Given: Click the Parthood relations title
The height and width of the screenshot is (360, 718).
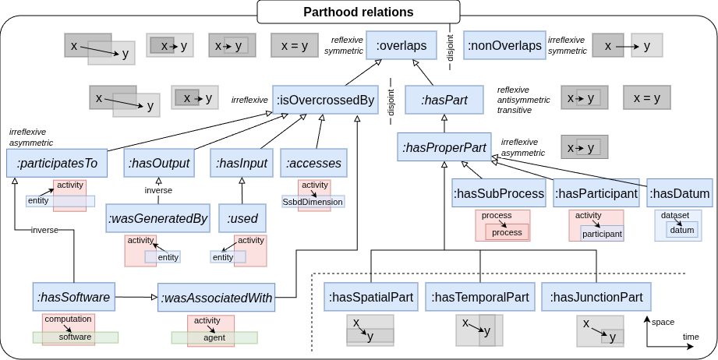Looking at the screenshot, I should click(359, 12).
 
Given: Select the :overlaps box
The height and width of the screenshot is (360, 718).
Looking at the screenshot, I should click(401, 46).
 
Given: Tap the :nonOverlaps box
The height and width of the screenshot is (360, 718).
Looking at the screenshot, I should click(504, 46).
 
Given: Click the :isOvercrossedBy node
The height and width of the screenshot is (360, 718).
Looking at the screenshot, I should click(325, 100).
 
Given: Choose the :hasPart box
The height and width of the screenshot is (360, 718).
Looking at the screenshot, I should click(444, 100).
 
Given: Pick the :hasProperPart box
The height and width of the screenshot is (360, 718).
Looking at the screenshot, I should click(444, 146).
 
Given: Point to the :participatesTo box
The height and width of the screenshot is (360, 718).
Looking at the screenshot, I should click(57, 163).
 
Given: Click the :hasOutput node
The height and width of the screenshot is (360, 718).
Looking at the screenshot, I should click(158, 163).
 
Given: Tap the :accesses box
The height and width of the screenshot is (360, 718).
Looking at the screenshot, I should click(313, 163).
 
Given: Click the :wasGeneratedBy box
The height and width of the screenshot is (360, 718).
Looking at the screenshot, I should click(158, 218).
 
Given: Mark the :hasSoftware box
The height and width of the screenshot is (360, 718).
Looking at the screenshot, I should click(74, 296).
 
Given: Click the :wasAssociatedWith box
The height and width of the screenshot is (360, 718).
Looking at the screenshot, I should click(216, 297).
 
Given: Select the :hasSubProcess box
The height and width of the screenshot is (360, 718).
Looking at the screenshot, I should click(498, 193).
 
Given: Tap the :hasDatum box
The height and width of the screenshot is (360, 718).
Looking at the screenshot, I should click(679, 193).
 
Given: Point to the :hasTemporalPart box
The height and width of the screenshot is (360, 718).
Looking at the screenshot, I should click(479, 297).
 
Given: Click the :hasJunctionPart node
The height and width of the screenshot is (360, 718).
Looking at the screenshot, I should click(596, 297).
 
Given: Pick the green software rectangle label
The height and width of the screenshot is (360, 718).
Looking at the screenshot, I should click(75, 337).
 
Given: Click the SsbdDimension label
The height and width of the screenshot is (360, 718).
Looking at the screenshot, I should click(313, 201).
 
